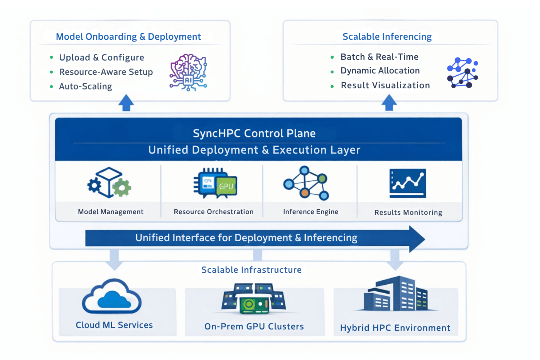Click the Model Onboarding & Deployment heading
[128, 37]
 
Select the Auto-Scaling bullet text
[85, 86]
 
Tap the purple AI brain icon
[188, 72]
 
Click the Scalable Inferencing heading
[387, 37]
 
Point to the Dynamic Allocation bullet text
[380, 71]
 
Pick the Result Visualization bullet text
[385, 85]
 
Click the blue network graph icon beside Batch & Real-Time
[462, 73]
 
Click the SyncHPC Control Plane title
[254, 134]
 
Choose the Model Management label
[111, 212]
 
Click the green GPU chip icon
[226, 186]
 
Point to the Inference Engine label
[310, 212]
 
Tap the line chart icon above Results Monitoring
[408, 183]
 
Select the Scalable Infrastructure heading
[251, 270]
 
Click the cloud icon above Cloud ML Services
[112, 297]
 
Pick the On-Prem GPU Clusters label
[254, 326]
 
